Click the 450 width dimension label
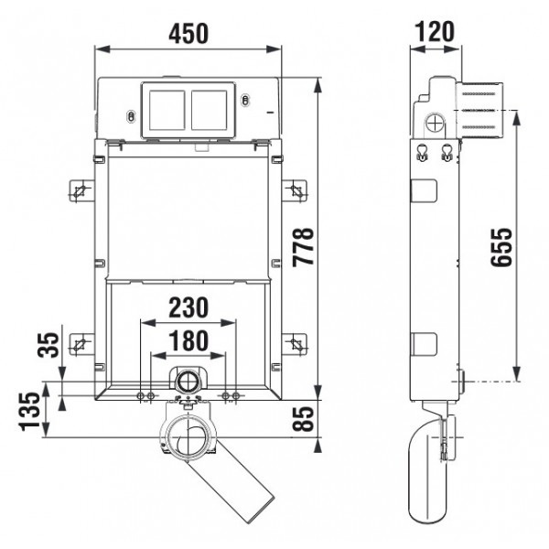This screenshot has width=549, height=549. [188, 34]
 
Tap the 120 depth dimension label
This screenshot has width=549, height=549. [435, 32]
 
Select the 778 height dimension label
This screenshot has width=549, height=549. [304, 247]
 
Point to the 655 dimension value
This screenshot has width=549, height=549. [501, 247]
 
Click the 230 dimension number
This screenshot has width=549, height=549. [188, 307]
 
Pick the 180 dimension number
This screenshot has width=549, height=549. [188, 340]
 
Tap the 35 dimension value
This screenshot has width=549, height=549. [48, 345]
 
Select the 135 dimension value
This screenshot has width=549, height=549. [29, 412]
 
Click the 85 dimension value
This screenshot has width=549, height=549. [303, 419]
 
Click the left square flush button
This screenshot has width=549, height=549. [167, 111]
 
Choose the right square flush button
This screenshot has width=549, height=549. [209, 111]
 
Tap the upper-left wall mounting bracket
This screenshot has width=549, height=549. [81, 191]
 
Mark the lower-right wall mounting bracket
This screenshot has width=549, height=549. [295, 344]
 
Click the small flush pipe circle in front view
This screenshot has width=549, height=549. [188, 381]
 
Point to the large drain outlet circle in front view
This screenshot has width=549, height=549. [189, 436]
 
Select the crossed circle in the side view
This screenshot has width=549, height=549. [435, 124]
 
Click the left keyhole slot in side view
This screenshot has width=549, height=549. [423, 153]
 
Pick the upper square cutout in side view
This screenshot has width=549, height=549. [425, 191]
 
